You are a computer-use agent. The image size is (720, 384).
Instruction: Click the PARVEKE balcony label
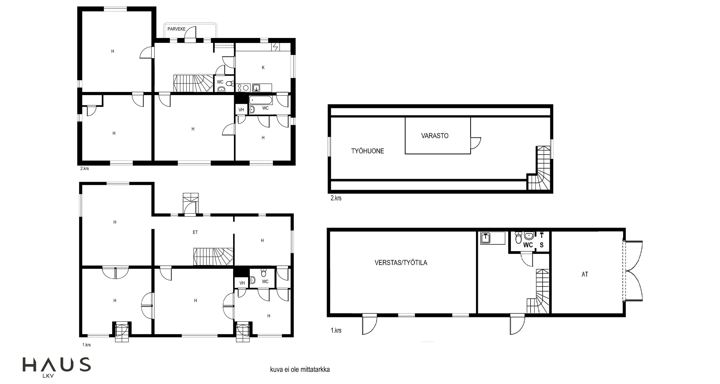(x=176, y=29)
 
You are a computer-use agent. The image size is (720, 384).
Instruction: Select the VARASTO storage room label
(x=435, y=136)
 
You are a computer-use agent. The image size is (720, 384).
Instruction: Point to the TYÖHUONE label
(x=368, y=151)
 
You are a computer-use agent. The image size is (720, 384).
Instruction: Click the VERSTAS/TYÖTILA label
(x=401, y=262)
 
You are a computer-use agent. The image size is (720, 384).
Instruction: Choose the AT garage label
(x=585, y=274)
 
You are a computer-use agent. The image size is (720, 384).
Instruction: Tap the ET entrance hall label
(x=195, y=232)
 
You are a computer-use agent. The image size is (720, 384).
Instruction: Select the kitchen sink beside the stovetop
(x=256, y=88)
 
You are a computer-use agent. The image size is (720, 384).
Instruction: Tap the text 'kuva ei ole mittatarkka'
(x=300, y=369)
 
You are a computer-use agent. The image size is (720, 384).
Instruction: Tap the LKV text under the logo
(x=48, y=376)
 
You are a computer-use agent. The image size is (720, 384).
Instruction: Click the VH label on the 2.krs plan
(x=241, y=110)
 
